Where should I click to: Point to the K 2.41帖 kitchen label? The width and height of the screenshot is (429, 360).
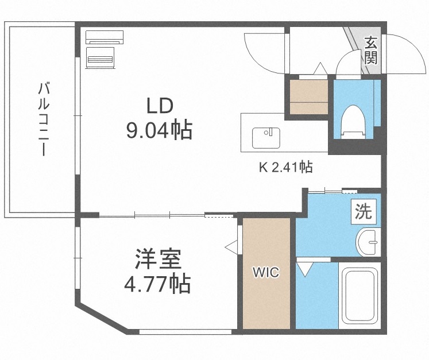click(285, 168)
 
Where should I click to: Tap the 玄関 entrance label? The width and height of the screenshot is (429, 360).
click(371, 49)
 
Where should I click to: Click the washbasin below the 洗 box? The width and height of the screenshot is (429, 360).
click(366, 242)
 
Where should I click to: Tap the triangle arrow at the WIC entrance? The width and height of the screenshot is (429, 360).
click(232, 246)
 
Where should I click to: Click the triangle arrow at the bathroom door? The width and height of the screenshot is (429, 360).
click(304, 267)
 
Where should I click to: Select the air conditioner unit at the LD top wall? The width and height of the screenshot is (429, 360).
click(105, 37)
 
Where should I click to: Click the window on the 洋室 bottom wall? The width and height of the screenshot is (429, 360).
click(185, 331)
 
